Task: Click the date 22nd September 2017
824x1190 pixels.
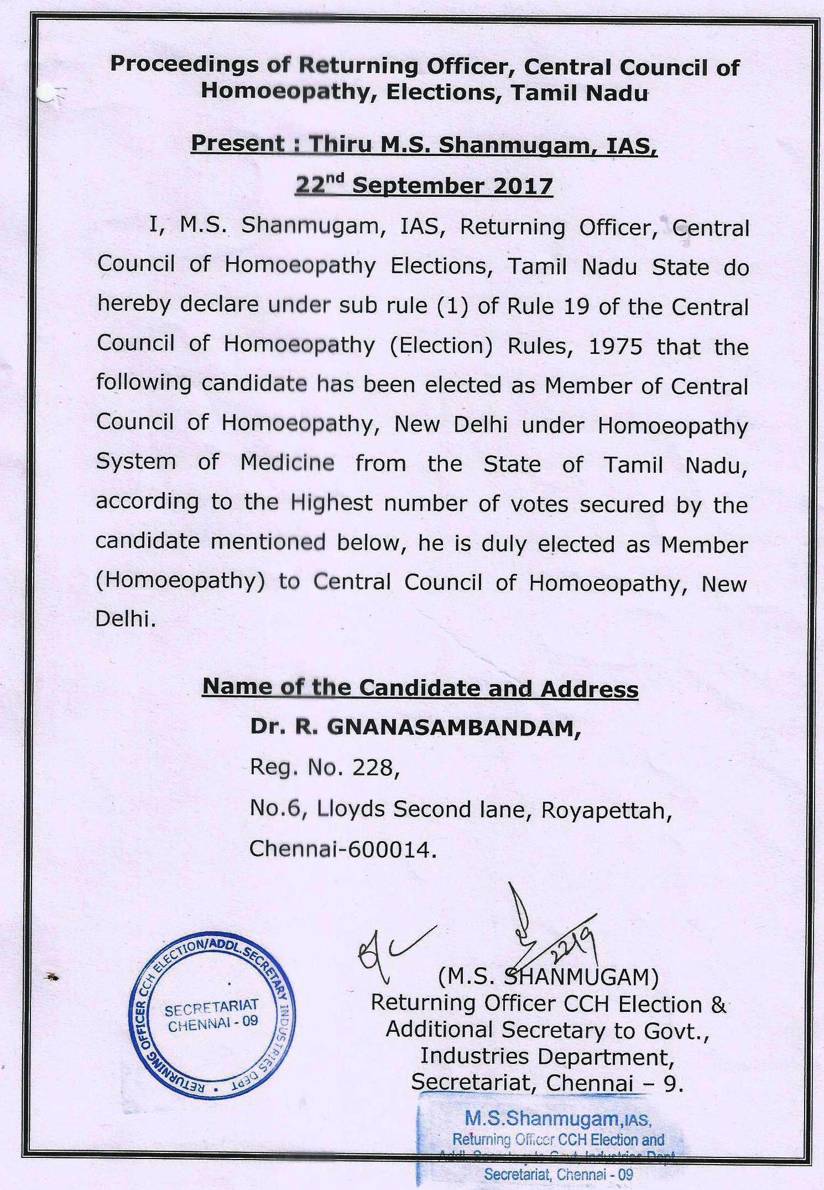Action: [424, 185]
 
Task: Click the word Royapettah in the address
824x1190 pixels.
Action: [606, 809]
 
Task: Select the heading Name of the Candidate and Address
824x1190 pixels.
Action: [420, 688]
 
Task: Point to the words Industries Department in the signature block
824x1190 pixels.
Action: [547, 1057]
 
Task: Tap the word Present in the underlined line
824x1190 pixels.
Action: [238, 144]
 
